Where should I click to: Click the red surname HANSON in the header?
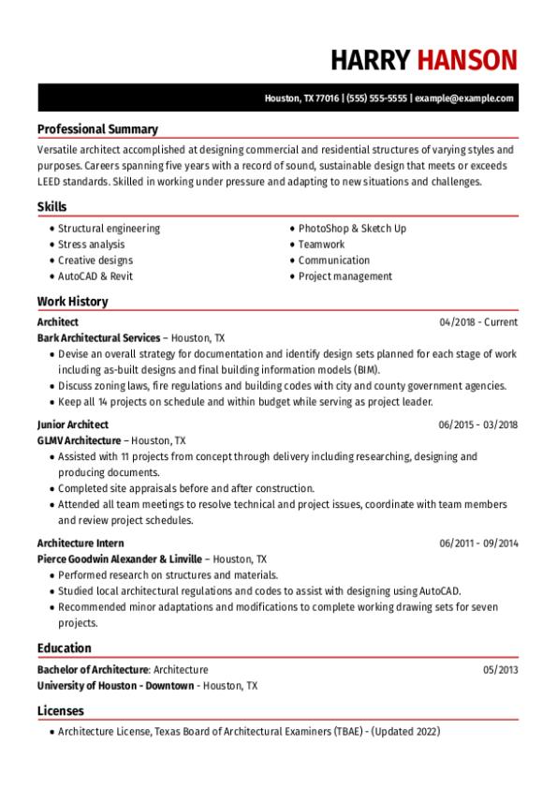click(x=466, y=60)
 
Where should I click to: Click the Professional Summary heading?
click(x=97, y=129)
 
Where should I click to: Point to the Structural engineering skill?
click(x=109, y=229)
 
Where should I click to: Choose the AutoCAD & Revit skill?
click(x=95, y=276)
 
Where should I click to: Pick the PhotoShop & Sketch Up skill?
click(x=352, y=229)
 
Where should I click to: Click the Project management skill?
click(x=345, y=276)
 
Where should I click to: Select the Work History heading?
click(x=72, y=302)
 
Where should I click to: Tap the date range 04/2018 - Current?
click(x=478, y=322)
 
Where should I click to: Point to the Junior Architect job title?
click(x=72, y=424)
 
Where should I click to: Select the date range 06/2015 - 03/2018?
click(x=478, y=424)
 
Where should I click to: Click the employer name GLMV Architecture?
click(x=79, y=439)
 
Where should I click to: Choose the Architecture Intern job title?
click(x=81, y=543)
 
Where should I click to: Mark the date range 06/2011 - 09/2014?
click(x=478, y=543)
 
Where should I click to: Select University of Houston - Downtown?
click(x=115, y=686)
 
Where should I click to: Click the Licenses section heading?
click(x=60, y=711)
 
